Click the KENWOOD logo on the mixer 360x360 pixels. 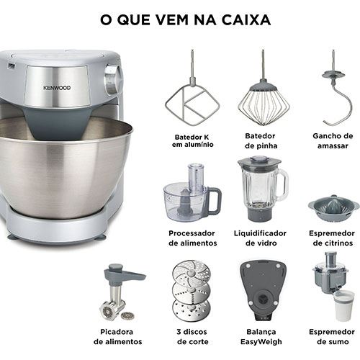[57, 88]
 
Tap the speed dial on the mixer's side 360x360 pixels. [112, 79]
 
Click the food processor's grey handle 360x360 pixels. [215, 201]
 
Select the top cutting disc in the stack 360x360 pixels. [192, 272]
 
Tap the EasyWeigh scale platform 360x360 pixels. [263, 290]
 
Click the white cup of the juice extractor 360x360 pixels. [344, 305]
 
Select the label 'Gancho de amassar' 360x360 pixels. [333, 141]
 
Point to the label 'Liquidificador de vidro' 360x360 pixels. [260, 238]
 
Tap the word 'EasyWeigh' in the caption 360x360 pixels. [261, 341]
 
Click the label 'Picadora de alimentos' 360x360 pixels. [117, 337]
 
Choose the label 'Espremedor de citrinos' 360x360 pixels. [333, 238]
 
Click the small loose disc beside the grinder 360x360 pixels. [126, 315]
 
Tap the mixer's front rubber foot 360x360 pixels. [100, 237]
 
